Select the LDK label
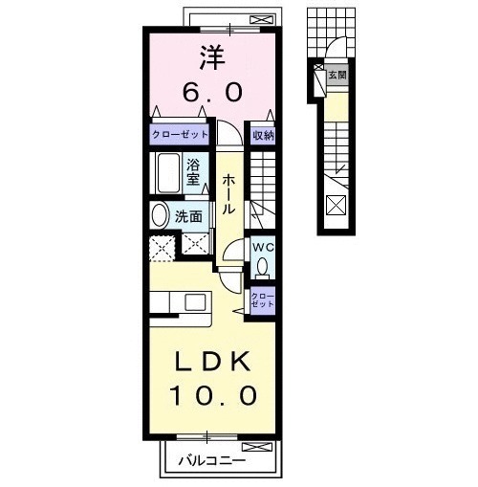click(x=212, y=362)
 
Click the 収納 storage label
click(x=263, y=136)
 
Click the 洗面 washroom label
click(x=188, y=216)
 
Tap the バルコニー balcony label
click(x=212, y=463)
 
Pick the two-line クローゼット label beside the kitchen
click(x=262, y=300)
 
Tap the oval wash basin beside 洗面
click(x=161, y=215)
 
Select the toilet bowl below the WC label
click(x=262, y=267)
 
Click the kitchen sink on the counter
click(x=196, y=303)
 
